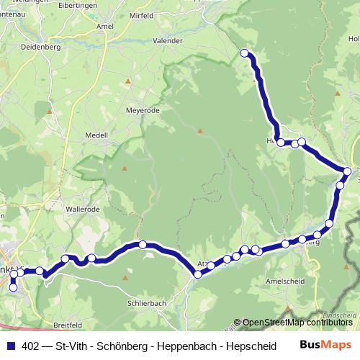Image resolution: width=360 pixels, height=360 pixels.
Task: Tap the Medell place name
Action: point(96,135)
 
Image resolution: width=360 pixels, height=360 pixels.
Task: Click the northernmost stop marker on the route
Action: point(244,53)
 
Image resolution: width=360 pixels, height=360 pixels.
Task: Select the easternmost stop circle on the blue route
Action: point(347,171)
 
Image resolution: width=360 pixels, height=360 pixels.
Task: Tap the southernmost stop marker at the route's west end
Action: point(12,287)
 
